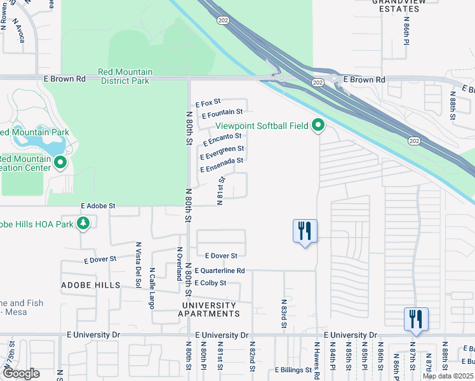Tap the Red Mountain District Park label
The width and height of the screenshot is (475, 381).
click(x=124, y=76)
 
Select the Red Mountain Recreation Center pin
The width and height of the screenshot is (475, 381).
click(x=60, y=163)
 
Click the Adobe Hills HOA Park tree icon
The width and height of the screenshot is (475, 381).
click(x=83, y=223)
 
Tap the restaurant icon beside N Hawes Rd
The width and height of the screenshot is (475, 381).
click(x=305, y=231)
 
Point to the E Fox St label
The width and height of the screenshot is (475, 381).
click(x=208, y=102)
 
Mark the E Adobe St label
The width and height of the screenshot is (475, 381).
click(x=98, y=206)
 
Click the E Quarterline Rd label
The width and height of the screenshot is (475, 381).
click(x=220, y=271)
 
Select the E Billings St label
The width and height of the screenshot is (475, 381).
click(x=295, y=370)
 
